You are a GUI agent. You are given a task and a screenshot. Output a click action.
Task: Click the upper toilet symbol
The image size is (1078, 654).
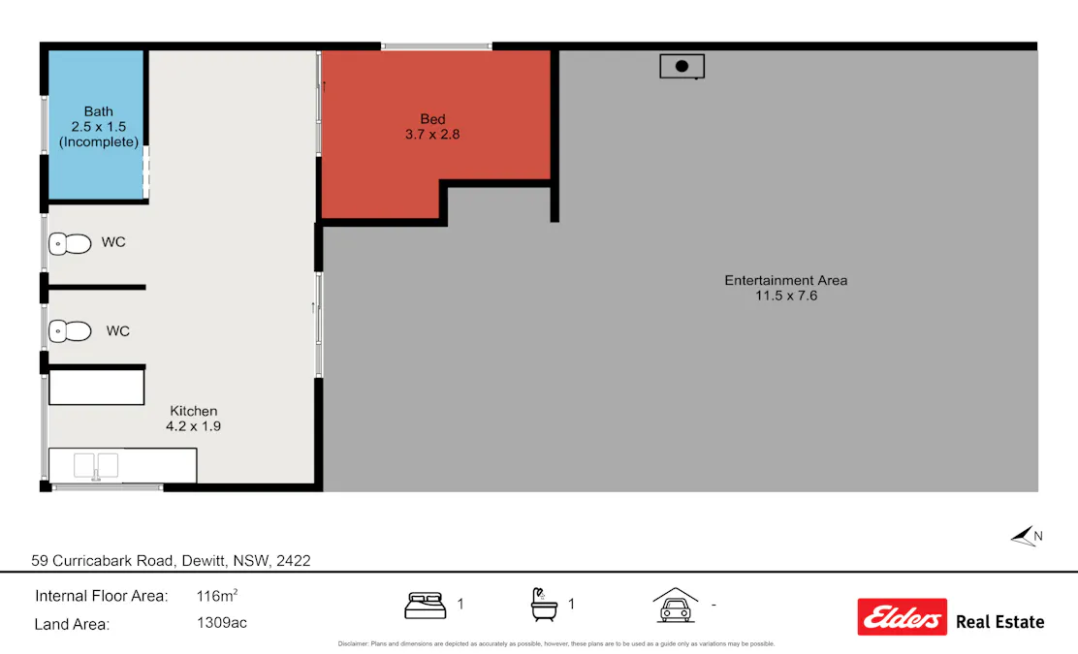[70, 243]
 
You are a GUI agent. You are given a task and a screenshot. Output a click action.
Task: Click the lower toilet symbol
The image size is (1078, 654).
[70, 331]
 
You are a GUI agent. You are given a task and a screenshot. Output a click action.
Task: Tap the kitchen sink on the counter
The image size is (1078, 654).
[96, 465]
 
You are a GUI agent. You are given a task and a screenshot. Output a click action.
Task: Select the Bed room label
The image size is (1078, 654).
[432, 119]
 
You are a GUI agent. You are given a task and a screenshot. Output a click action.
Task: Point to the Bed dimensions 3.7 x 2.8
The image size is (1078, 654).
[432, 135]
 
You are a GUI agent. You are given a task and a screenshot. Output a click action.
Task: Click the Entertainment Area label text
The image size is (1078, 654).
[785, 280]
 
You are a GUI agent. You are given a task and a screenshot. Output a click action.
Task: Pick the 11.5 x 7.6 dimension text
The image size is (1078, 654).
[786, 296]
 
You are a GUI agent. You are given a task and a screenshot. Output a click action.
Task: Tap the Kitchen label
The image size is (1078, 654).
[194, 411]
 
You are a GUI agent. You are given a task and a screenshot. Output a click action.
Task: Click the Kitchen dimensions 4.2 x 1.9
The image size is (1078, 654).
[194, 425]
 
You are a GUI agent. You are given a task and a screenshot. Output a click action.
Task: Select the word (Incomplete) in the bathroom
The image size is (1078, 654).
[99, 142]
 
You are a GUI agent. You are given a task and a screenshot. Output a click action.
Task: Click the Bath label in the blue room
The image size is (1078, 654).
[99, 111]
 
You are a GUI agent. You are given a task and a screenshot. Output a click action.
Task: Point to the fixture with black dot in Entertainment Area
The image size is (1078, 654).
[682, 66]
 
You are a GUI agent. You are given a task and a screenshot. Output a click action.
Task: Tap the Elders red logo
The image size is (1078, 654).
[902, 616]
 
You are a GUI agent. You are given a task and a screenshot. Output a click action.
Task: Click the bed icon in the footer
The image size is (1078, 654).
[425, 605]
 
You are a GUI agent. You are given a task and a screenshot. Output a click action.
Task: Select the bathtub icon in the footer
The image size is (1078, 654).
[544, 605]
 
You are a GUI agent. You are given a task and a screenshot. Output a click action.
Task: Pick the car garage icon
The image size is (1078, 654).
[675, 605]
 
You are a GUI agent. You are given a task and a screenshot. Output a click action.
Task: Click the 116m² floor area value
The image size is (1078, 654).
[217, 596]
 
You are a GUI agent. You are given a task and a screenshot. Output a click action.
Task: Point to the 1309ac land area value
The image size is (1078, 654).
[222, 623]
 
